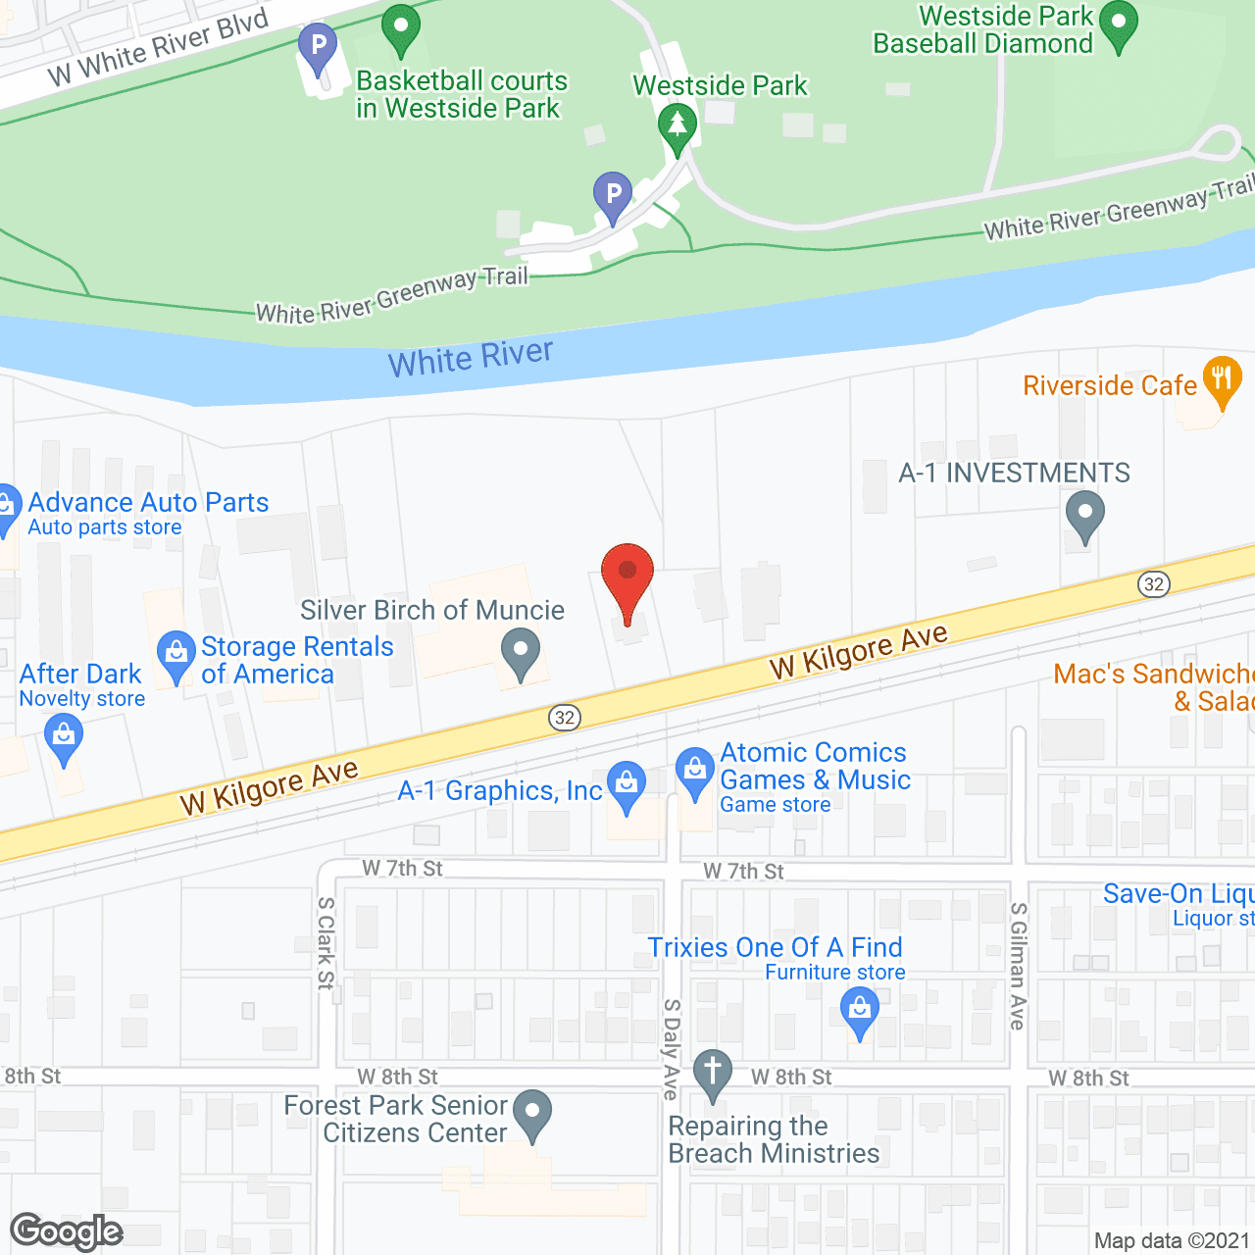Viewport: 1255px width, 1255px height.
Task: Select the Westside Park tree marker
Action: pos(677,126)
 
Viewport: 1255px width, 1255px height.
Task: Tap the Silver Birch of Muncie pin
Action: pos(521,651)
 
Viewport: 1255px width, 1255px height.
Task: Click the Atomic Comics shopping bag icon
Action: pos(695,771)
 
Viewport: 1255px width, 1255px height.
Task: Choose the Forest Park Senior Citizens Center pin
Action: pos(532,1113)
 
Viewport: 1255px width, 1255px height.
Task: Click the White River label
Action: pos(471,358)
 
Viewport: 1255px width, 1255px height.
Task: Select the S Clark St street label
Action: pos(326,942)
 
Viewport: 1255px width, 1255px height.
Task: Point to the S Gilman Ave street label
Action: pos(1018,966)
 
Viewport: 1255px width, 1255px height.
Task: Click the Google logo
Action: pos(67,1231)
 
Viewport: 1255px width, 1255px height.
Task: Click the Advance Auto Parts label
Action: pos(148,502)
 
